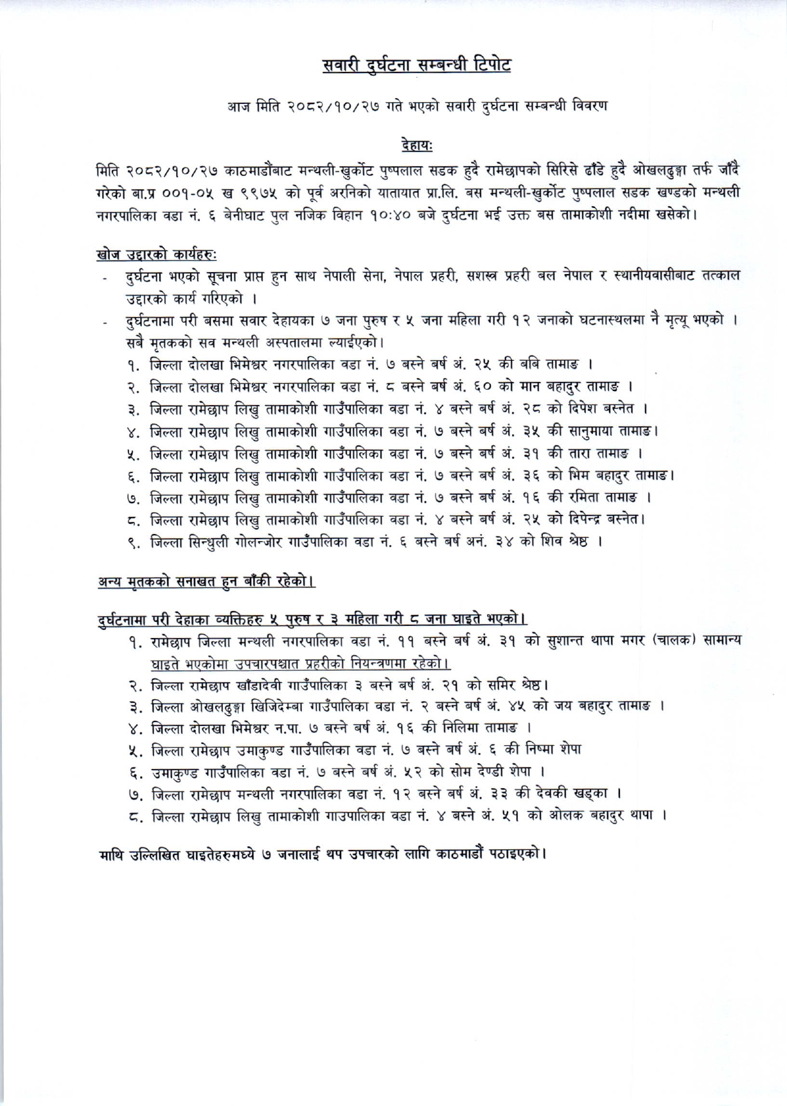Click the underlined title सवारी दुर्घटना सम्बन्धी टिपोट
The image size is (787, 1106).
[416, 65]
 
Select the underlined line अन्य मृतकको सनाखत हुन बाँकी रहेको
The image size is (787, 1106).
[205, 582]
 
